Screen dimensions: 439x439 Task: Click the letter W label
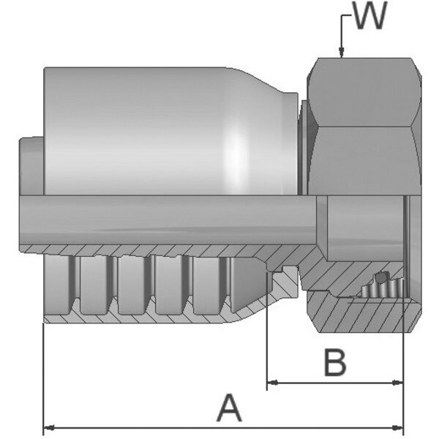pyautogui.click(x=370, y=15)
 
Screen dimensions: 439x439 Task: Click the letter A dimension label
pyautogui.click(x=229, y=408)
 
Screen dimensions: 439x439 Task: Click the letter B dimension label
pyautogui.click(x=335, y=362)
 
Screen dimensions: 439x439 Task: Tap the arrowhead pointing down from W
pyautogui.click(x=341, y=53)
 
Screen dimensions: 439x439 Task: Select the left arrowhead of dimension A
pyautogui.click(x=49, y=428)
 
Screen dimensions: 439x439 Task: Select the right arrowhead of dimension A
pyautogui.click(x=398, y=428)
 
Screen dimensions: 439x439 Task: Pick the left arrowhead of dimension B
pyautogui.click(x=273, y=383)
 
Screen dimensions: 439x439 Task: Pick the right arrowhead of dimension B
pyautogui.click(x=398, y=383)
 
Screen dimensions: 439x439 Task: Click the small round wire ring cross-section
pyautogui.click(x=380, y=278)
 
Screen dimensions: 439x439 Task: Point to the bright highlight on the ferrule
pyautogui.click(x=235, y=157)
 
